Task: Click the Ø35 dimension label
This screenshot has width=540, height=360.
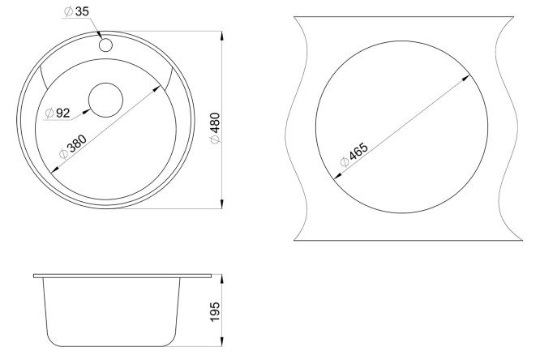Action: (76, 11)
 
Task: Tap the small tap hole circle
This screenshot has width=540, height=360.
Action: (105, 45)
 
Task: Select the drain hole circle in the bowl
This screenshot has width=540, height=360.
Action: (105, 100)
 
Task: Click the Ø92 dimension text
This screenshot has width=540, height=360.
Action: (58, 113)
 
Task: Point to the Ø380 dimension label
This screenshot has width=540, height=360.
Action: (73, 147)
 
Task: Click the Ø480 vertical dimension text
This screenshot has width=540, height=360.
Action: (215, 128)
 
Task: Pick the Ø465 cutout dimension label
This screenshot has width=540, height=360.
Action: (354, 154)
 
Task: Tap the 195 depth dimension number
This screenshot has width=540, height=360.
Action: (215, 312)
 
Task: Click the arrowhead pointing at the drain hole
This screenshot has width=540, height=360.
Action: (86, 111)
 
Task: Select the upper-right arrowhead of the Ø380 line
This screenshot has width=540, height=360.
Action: (156, 89)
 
